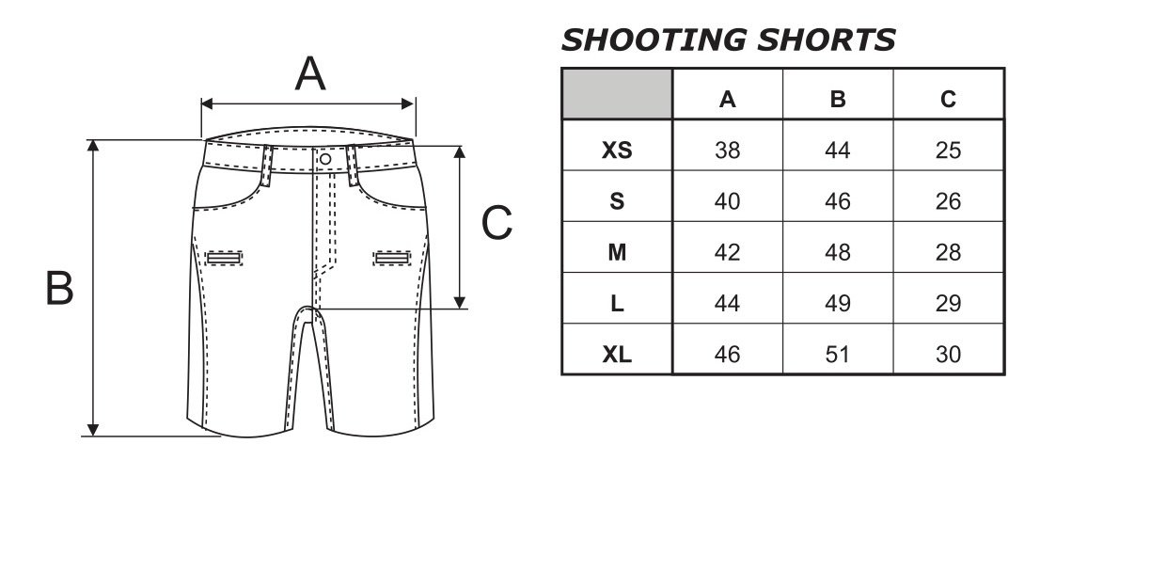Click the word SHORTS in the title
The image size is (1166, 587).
tap(827, 40)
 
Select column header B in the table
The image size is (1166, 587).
tap(838, 99)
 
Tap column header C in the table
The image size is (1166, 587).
tap(948, 99)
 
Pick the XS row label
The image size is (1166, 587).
tap(617, 150)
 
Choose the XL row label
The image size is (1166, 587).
tap(617, 355)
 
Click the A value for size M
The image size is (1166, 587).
tap(727, 252)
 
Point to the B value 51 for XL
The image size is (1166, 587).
tap(838, 355)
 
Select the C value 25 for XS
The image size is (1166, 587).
tap(948, 150)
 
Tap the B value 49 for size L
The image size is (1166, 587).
tap(838, 303)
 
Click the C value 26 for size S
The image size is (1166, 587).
tap(948, 201)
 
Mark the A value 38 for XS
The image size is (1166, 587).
tap(727, 150)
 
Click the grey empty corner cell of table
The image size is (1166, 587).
tap(617, 94)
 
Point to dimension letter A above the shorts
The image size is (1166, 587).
tap(310, 73)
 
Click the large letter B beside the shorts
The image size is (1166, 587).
tap(59, 288)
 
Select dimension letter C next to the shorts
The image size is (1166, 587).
tap(496, 222)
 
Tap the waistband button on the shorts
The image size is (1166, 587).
tap(325, 159)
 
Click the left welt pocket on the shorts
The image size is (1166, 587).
tap(224, 258)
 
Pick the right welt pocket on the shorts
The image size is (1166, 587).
tap(392, 258)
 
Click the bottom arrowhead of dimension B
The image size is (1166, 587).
tap(93, 430)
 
